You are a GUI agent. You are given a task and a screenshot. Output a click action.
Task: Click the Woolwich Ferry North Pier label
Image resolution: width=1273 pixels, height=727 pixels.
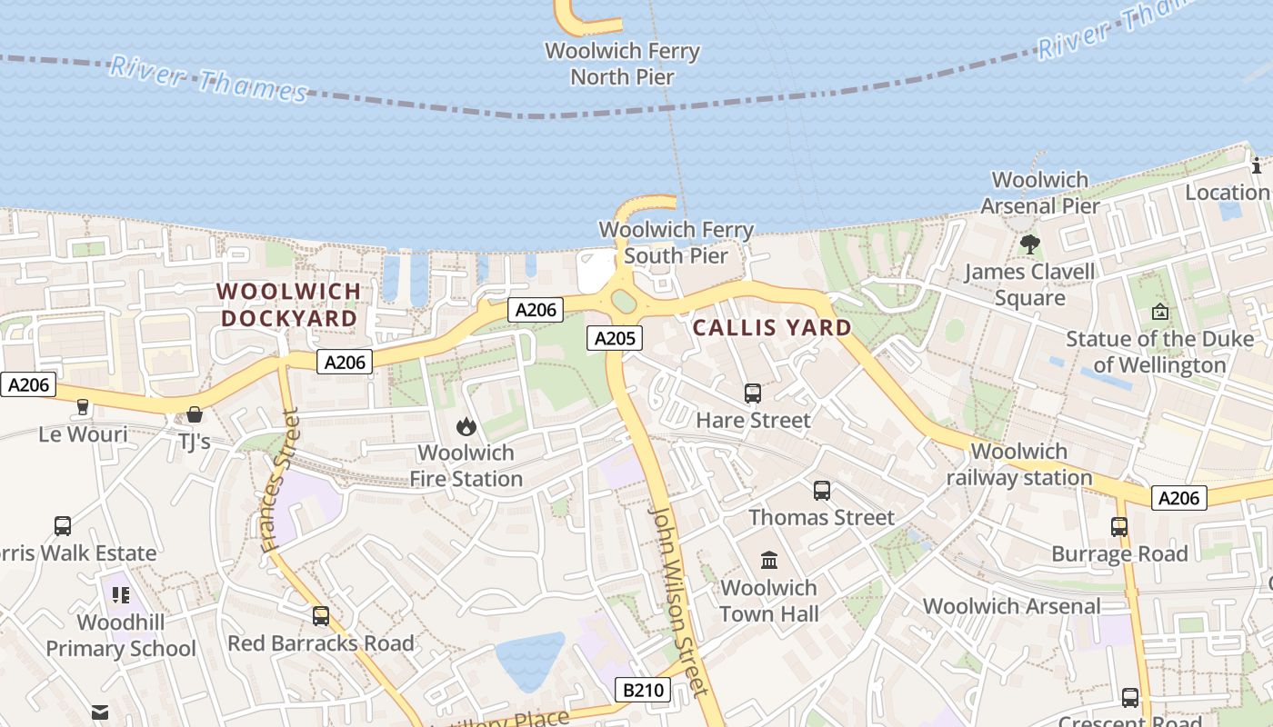pos(622,64)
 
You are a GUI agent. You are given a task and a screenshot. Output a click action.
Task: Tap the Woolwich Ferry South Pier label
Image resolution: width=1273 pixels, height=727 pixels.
pos(676,243)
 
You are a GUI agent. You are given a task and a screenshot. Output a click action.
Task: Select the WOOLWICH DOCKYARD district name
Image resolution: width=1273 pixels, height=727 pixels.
pos(289,305)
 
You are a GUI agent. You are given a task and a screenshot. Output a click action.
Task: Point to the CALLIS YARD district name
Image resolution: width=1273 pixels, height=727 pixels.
pos(772,328)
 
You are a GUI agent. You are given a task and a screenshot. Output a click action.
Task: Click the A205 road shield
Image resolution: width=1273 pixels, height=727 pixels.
pos(615,339)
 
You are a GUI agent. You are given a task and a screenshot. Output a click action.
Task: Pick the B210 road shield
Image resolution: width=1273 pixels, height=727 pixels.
pos(643,690)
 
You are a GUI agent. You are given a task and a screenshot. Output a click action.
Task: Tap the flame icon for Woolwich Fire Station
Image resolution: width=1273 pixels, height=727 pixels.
pos(466,426)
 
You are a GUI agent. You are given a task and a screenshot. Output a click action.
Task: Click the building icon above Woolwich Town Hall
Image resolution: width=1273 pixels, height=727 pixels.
pos(769,560)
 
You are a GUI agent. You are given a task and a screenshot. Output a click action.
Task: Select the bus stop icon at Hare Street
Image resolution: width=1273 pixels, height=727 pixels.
pos(753,393)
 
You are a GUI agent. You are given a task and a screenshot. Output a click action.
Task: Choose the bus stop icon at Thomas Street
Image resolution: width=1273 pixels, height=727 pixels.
pos(822,491)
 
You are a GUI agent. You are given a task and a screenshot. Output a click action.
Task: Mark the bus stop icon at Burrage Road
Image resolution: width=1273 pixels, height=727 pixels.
pos(1119,527)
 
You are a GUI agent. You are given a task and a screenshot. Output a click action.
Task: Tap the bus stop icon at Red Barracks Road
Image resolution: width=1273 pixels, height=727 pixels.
pos(321,616)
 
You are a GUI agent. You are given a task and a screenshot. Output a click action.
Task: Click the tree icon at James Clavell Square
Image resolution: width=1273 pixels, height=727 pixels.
pos(1030,244)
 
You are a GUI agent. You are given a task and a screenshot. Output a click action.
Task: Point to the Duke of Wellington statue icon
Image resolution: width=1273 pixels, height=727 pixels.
pos(1160,312)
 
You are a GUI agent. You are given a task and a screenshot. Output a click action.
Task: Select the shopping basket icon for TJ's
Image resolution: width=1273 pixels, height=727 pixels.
pos(194,415)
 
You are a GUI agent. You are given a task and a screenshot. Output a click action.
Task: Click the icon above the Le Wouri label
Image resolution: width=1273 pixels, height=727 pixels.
pos(83,407)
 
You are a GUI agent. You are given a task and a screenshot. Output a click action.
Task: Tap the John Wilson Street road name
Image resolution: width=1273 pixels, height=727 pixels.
pos(677,600)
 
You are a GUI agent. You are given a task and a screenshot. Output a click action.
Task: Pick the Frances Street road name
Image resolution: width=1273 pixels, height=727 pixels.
pos(280,482)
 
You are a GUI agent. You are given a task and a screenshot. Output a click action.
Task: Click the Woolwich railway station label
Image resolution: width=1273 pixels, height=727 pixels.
pos(1019,464)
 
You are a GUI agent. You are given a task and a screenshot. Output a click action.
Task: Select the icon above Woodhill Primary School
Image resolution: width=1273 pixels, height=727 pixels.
pos(120,595)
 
